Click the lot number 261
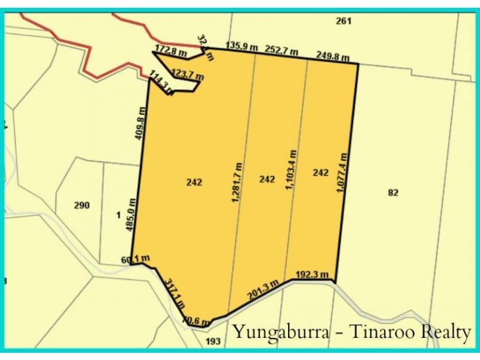pyautogui.click(x=343, y=21)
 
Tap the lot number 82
pyautogui.click(x=393, y=193)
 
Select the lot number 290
pyautogui.click(x=82, y=205)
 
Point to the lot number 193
pyautogui.click(x=213, y=341)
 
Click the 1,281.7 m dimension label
pyautogui.click(x=237, y=182)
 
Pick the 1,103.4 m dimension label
pyautogui.click(x=292, y=170)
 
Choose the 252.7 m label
pyautogui.click(x=282, y=50)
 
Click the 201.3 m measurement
pyautogui.click(x=263, y=290)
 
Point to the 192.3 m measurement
pyautogui.click(x=313, y=275)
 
